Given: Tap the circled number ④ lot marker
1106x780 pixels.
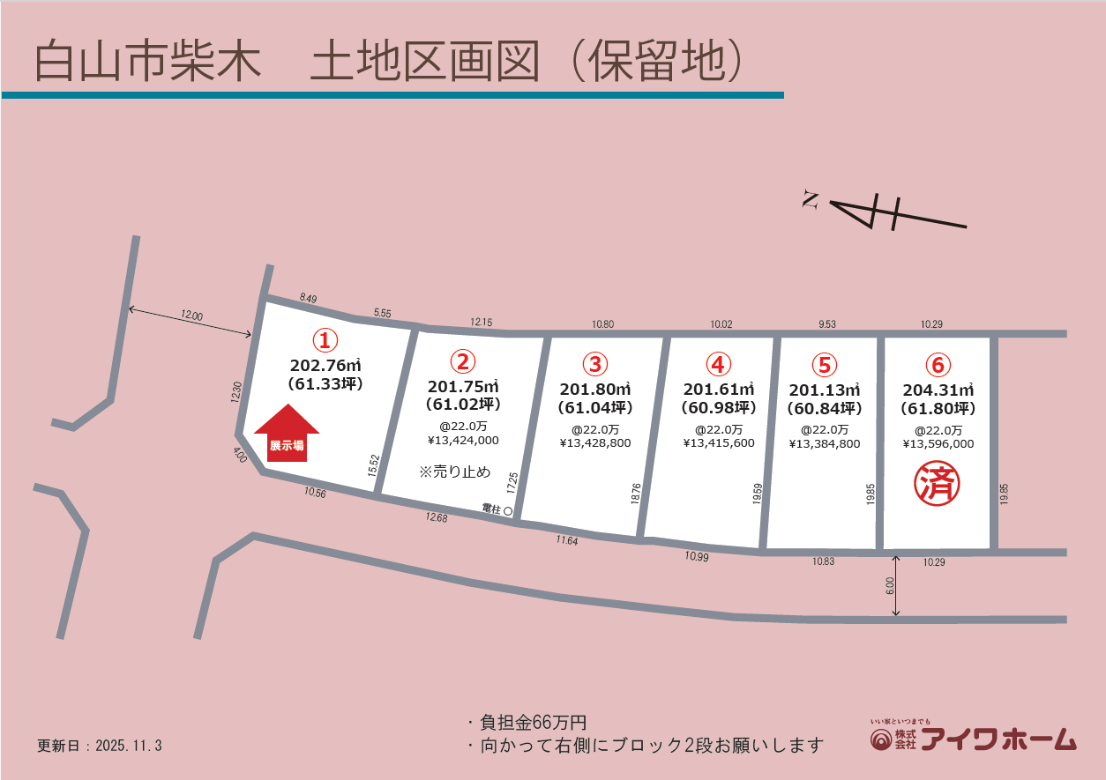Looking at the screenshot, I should click(x=719, y=364).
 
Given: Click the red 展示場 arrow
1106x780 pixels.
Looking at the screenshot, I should click(x=287, y=434).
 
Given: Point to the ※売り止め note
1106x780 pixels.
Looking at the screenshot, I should click(x=454, y=472).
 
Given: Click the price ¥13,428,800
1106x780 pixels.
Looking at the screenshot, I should click(x=595, y=443).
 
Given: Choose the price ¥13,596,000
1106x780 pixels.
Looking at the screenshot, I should click(x=938, y=444).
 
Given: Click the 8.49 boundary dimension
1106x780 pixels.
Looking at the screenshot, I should click(x=309, y=299).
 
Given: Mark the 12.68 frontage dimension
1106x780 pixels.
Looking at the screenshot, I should click(x=436, y=518).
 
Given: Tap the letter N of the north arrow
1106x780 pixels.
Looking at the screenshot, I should click(x=809, y=201).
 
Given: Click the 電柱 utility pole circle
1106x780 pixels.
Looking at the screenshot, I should click(x=509, y=509).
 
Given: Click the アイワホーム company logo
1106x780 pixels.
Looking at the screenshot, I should click(x=973, y=738).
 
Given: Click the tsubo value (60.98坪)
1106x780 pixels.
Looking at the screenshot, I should click(x=719, y=407).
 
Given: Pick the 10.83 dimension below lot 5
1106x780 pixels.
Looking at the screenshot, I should click(x=822, y=561).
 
